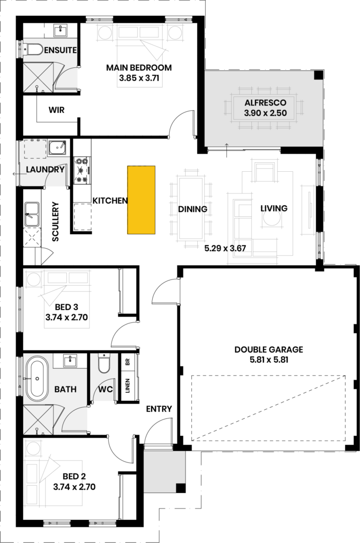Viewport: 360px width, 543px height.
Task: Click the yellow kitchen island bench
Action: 141,200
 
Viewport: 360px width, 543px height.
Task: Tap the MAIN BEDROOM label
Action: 139,67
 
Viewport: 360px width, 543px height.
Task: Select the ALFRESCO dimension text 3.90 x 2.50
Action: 265,113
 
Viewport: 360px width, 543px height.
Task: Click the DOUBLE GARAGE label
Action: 269,349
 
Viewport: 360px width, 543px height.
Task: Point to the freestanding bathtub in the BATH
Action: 37,379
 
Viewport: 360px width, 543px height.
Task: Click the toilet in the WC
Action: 103,364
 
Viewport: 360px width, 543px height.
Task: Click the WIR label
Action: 56,110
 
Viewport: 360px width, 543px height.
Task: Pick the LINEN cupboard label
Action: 128,386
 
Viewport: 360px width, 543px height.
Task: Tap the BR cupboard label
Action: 127,362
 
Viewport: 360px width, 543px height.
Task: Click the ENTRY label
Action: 159,409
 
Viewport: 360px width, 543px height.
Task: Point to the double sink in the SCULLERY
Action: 31,214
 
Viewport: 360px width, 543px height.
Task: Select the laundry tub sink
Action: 57,148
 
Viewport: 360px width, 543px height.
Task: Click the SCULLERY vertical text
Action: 55,222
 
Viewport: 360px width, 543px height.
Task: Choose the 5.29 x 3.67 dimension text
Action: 225,248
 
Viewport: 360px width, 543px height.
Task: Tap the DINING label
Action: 193,209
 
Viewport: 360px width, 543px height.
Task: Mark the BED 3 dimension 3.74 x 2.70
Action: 66,317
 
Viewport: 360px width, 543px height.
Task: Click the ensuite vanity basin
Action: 62,30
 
